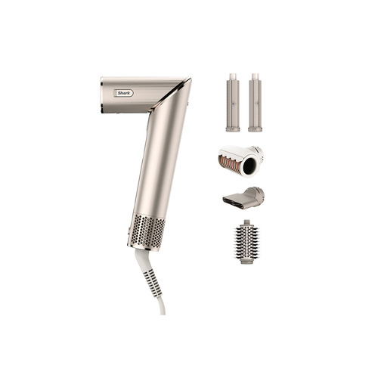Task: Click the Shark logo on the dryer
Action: point(123,93)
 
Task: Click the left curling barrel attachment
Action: point(233,102)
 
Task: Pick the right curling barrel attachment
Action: point(255,102)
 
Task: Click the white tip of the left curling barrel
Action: point(232,77)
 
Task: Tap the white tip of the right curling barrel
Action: point(255,77)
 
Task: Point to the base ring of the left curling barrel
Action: point(233,129)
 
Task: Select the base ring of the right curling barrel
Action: point(255,129)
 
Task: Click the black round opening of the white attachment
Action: point(249,166)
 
